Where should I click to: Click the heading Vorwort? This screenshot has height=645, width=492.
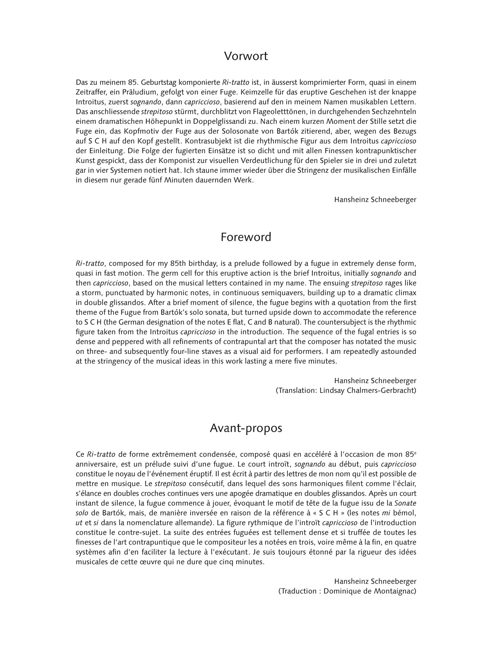tap(246, 56)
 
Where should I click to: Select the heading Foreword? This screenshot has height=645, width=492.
tap(246, 237)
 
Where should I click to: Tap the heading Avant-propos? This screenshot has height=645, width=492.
tap(246, 428)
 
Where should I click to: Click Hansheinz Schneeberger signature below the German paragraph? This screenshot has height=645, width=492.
tap(375, 200)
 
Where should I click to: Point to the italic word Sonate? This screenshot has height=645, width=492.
tap(405, 503)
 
